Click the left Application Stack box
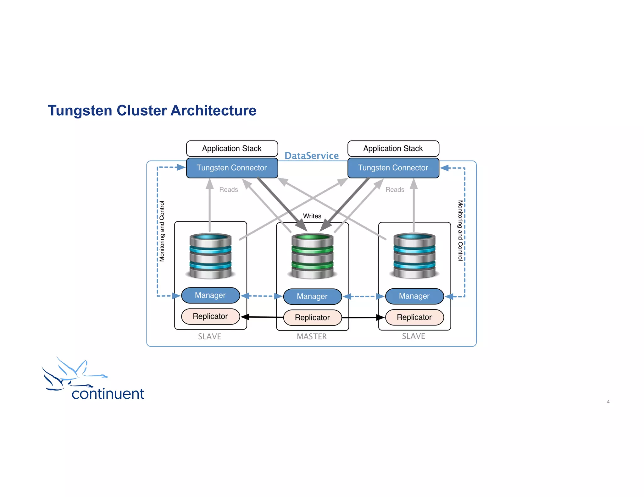coord(232,148)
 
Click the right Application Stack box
coord(393,148)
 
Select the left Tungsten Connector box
coord(232,168)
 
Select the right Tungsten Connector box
coord(393,168)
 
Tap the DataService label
coord(311,156)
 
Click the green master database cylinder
coord(312,256)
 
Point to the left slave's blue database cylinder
coord(210,256)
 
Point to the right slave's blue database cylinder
coord(414,256)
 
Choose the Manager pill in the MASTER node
coord(312,297)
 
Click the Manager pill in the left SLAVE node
coord(210,295)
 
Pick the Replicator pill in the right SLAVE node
coord(414,317)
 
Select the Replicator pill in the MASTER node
coord(312,318)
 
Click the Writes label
coord(312,216)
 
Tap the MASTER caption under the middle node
coord(312,336)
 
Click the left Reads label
coord(229,190)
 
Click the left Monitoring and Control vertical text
coord(162,231)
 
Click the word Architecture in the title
coord(214,111)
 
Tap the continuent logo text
coord(108,394)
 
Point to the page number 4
coord(608,402)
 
